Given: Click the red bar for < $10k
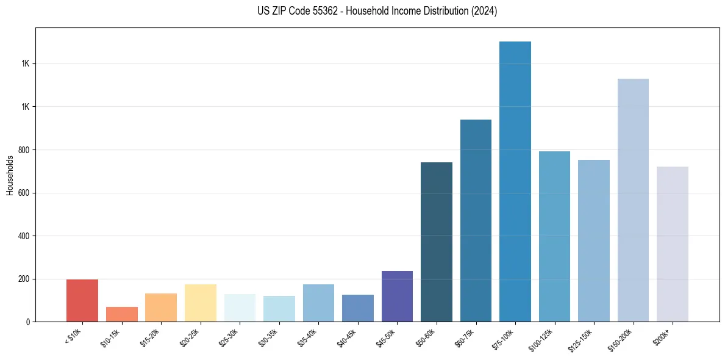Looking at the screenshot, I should coord(82,300).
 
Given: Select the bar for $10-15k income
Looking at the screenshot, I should coord(121,314).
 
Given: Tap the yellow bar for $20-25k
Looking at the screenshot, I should coord(201,303).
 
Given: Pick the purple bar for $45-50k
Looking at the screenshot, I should coord(397,296).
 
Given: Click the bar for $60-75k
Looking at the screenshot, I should coord(476,220).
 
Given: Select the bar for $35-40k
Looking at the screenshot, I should coord(318,303).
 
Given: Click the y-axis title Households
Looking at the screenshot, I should coord(10,175).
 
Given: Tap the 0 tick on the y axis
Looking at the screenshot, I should coord(29,322).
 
